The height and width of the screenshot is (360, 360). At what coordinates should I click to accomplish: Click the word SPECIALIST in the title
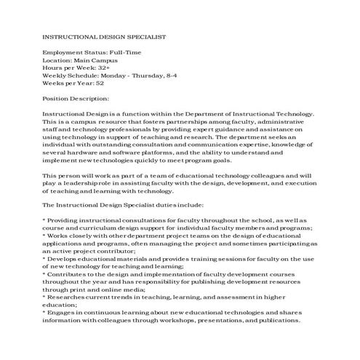click(x=143, y=36)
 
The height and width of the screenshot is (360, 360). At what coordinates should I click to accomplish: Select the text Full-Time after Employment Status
click(x=125, y=53)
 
